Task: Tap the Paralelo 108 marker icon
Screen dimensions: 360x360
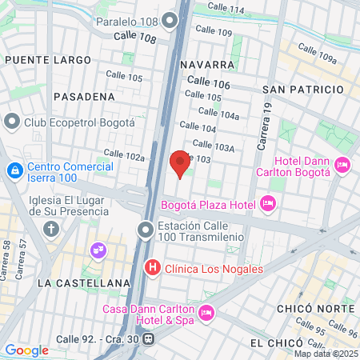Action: (x=169, y=22)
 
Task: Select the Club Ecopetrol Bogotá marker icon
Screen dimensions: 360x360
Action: (x=12, y=122)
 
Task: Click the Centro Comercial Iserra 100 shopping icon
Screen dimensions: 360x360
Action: (x=14, y=170)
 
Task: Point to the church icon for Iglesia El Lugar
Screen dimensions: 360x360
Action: (x=52, y=230)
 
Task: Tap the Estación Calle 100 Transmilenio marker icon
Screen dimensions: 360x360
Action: (x=145, y=231)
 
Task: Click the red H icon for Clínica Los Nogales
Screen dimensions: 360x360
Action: (x=150, y=268)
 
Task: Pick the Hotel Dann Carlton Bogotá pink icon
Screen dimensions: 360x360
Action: (x=342, y=166)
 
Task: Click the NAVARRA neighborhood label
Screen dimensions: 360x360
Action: (x=207, y=64)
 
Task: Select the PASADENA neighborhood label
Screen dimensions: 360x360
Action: (x=84, y=96)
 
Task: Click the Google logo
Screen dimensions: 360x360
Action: (x=26, y=350)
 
